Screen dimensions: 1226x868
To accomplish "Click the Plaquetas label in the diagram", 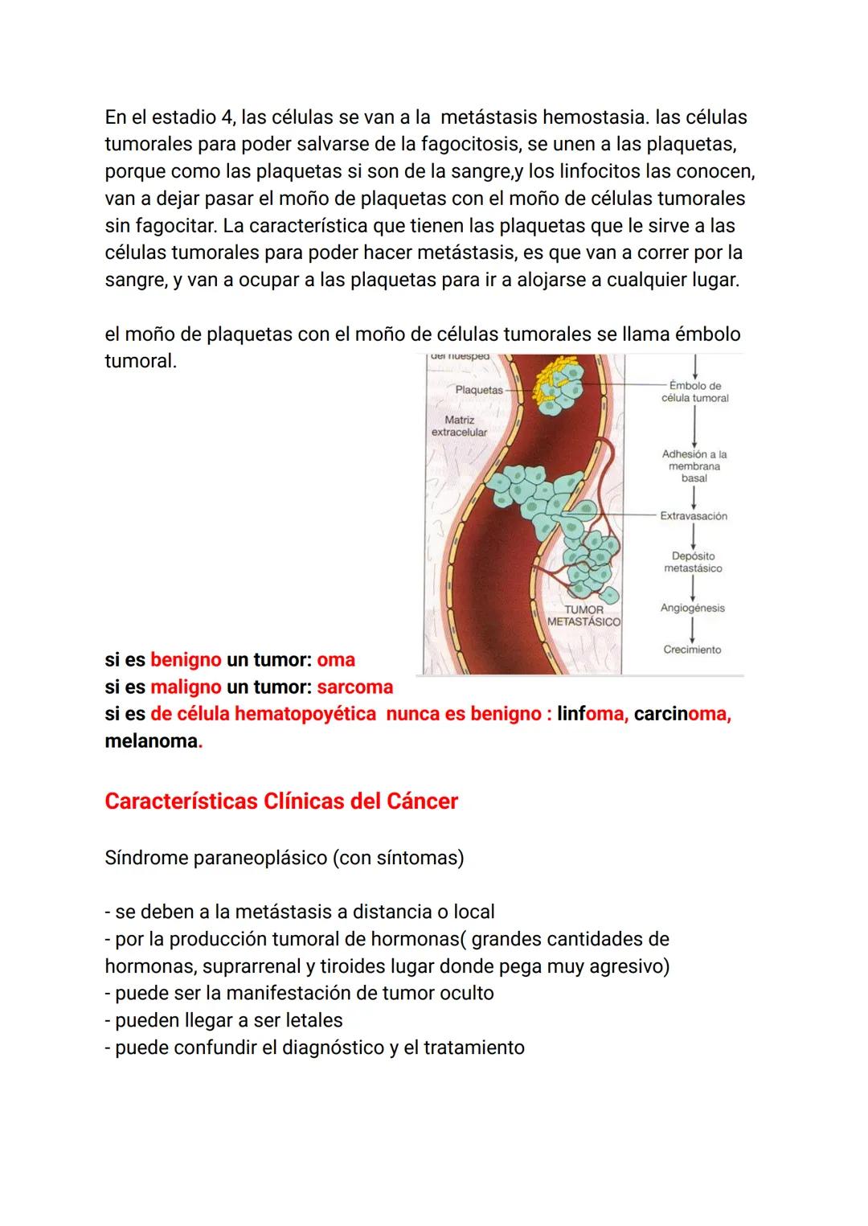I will click(x=478, y=390).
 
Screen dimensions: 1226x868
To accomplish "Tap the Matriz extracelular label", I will click(x=459, y=426).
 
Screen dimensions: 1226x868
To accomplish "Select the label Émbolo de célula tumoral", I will click(x=694, y=392).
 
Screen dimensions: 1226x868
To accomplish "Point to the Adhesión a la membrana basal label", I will click(x=694, y=466).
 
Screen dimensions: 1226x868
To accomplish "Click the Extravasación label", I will click(x=694, y=516).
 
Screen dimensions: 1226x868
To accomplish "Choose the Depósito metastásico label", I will click(x=693, y=562).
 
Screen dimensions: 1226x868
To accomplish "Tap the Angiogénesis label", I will click(x=692, y=608).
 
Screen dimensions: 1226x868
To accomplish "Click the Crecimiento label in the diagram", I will click(x=692, y=650).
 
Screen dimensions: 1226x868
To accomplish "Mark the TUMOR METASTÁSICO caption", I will click(x=583, y=616).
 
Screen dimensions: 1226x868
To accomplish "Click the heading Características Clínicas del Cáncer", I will click(x=281, y=802).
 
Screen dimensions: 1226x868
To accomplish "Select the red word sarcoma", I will click(x=355, y=687).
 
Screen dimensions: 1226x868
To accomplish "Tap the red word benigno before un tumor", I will click(x=186, y=660).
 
